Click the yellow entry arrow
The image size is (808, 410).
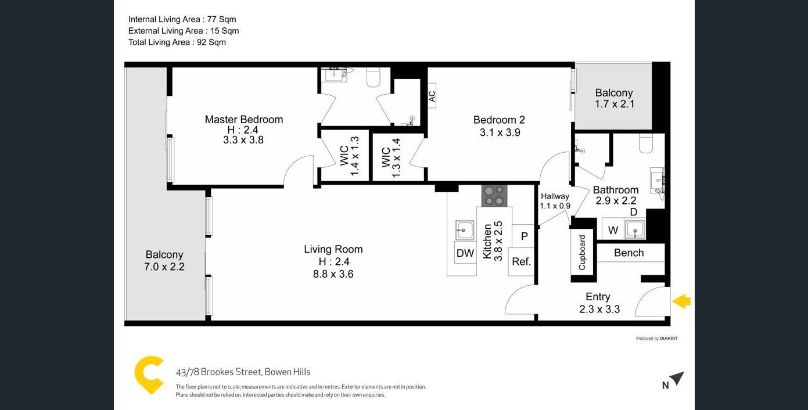tap(681, 301)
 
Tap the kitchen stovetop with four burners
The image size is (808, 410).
tap(494, 196)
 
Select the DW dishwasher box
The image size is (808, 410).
tap(465, 253)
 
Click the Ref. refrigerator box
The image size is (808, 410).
tap(521, 262)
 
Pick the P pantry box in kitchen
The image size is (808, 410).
tap(523, 236)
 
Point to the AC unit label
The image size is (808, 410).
tap(432, 96)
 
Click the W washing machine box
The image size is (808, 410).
tap(613, 229)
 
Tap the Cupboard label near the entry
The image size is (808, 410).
tap(582, 252)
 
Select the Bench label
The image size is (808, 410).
tap(629, 253)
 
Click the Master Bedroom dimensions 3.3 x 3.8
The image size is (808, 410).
tap(243, 140)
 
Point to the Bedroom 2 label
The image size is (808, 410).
tap(499, 120)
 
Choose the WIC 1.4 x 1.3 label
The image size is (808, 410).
tap(350, 156)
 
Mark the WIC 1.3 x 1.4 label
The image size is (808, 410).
tap(391, 158)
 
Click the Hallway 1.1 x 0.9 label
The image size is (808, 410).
tap(555, 201)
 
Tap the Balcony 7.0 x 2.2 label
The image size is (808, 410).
tap(164, 261)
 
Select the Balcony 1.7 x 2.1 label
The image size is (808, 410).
tap(614, 99)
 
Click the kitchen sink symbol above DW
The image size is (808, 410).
tap(464, 230)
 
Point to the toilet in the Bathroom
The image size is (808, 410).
tap(646, 143)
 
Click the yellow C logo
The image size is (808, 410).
tap(149, 375)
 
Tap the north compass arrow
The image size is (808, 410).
tap(677, 379)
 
